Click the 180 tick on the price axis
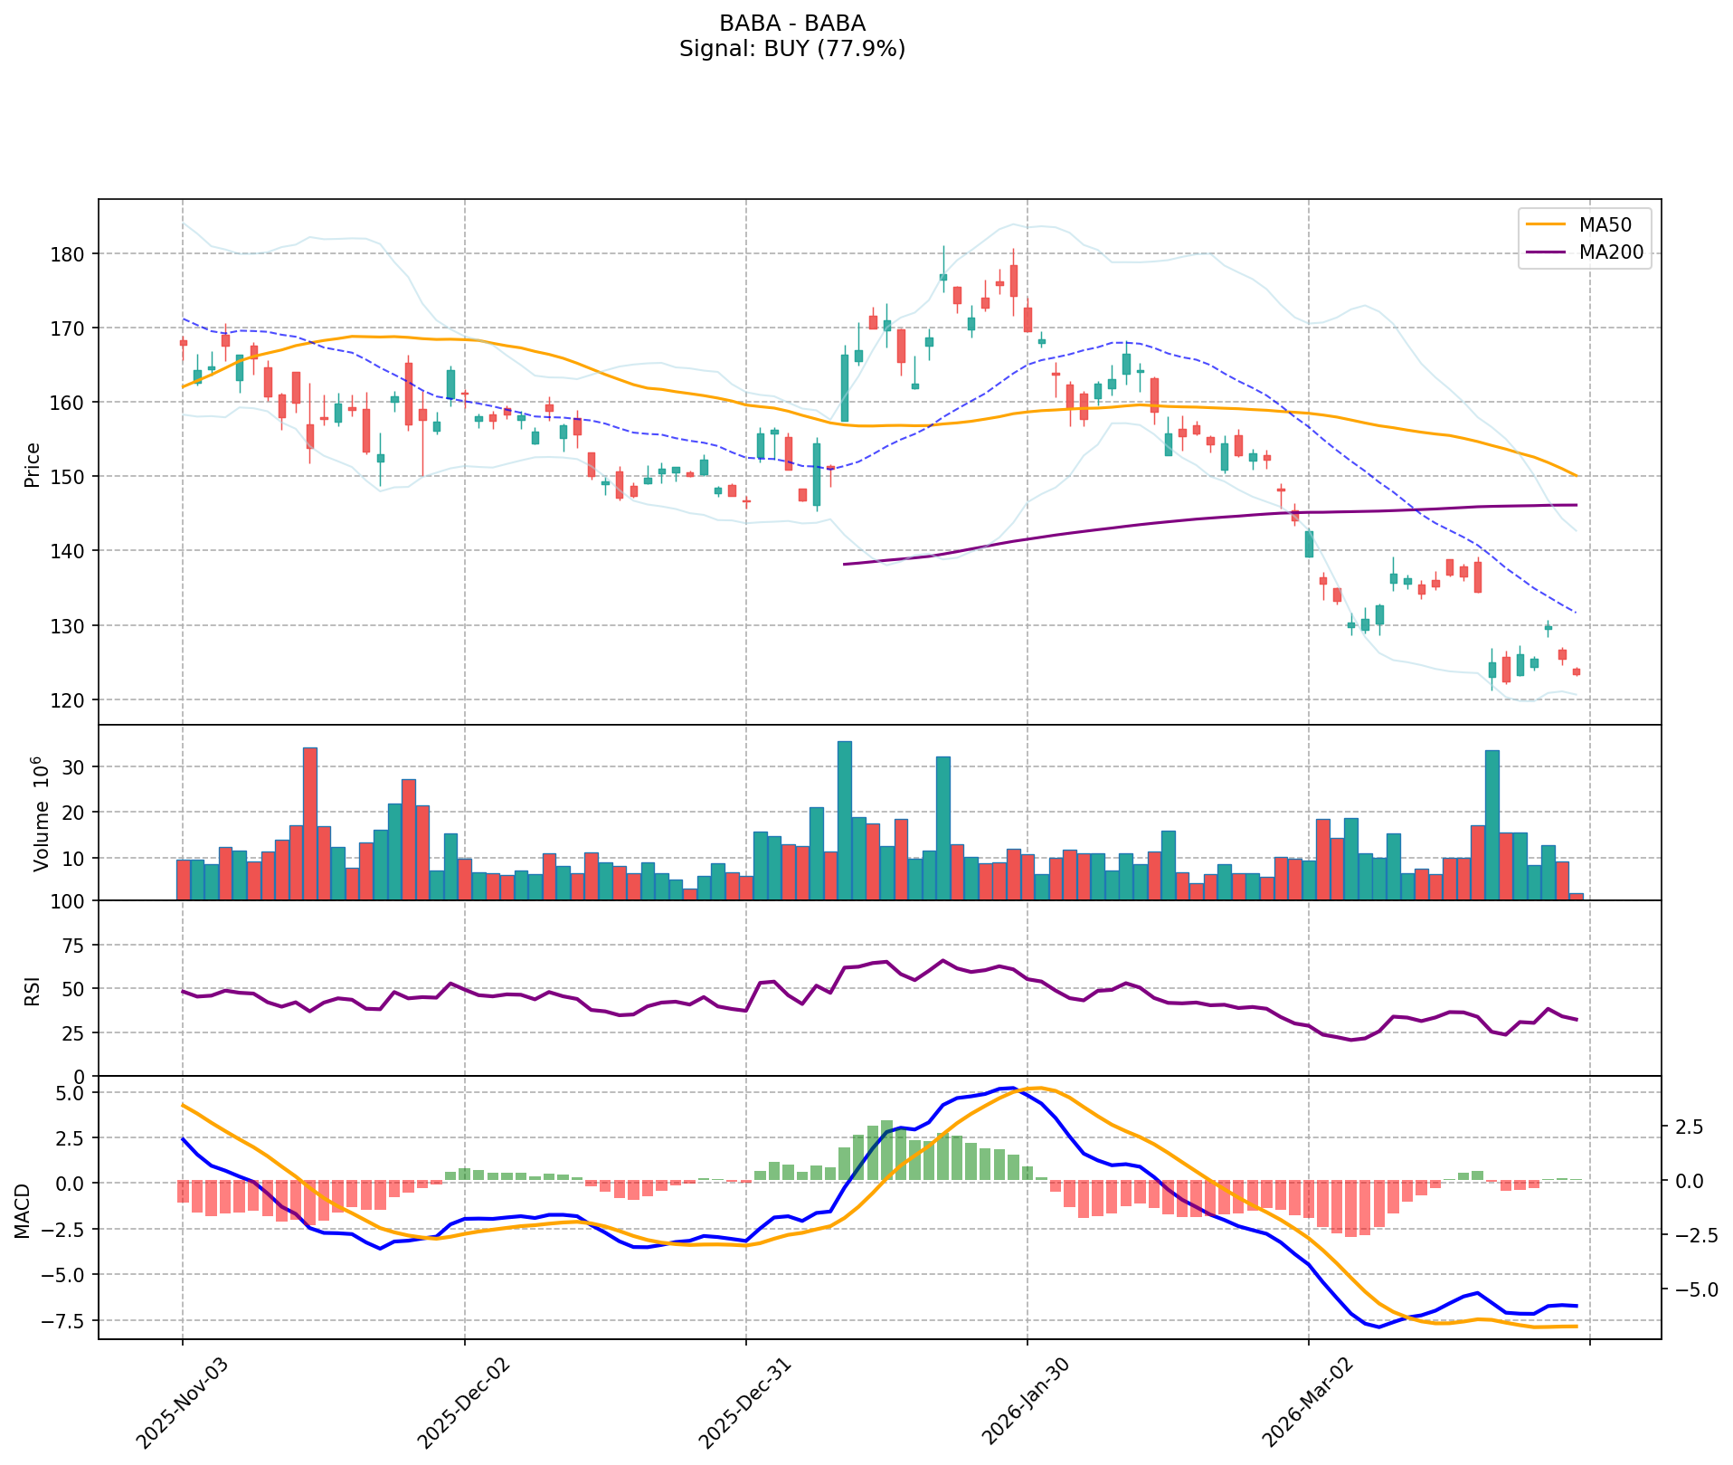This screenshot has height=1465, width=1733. pos(71,254)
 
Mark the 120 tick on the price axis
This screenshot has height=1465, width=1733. pos(71,700)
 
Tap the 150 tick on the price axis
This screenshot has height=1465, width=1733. pos(71,477)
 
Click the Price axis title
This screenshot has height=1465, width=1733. pos(33,465)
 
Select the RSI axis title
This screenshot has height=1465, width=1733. pos(33,990)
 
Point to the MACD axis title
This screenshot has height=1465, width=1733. pos(24,1211)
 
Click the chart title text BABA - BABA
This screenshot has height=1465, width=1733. pos(792,24)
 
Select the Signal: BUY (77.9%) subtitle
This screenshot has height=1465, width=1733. pos(792,49)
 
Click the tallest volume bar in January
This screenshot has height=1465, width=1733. pos(845,820)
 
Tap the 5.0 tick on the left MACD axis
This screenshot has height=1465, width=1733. pos(72,1093)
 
